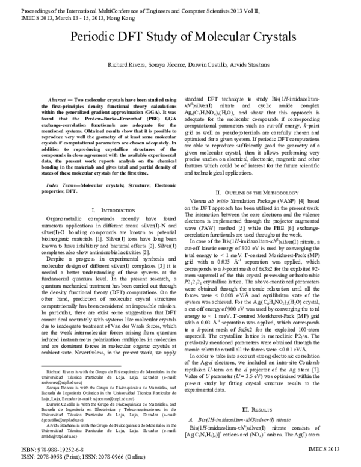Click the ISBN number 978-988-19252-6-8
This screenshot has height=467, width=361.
click(60, 450)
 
